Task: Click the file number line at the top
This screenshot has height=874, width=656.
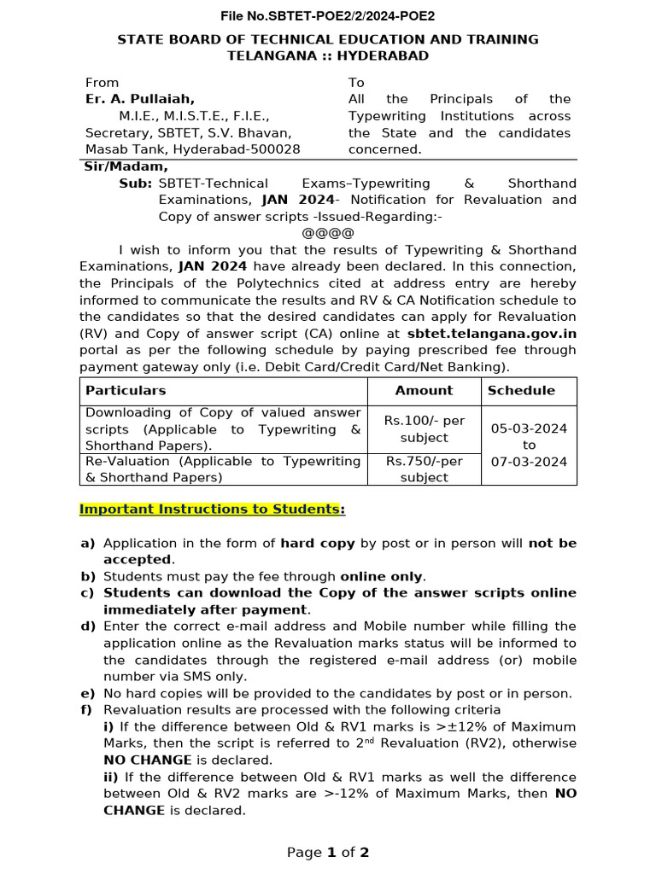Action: coord(328,16)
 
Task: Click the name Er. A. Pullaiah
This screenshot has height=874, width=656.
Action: coord(140,99)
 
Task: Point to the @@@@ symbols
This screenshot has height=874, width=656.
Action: coord(328,233)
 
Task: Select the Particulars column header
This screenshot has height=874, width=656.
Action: coord(126,391)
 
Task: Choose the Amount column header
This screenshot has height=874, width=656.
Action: coord(424,391)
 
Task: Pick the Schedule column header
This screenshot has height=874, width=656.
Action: coord(521,391)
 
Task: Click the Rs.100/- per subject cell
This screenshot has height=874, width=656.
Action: coord(424,429)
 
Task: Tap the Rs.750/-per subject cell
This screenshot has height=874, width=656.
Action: coord(424,469)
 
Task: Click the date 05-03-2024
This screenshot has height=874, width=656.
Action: coord(529,429)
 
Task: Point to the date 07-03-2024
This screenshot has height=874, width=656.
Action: coord(529,462)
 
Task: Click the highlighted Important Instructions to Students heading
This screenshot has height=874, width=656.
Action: coord(209,510)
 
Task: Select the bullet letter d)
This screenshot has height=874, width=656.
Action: coord(87,626)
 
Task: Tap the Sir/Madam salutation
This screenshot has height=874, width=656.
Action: coord(126,166)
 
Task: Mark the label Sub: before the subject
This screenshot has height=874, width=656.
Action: coord(136,184)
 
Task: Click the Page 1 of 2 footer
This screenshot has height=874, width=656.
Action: coord(328,853)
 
